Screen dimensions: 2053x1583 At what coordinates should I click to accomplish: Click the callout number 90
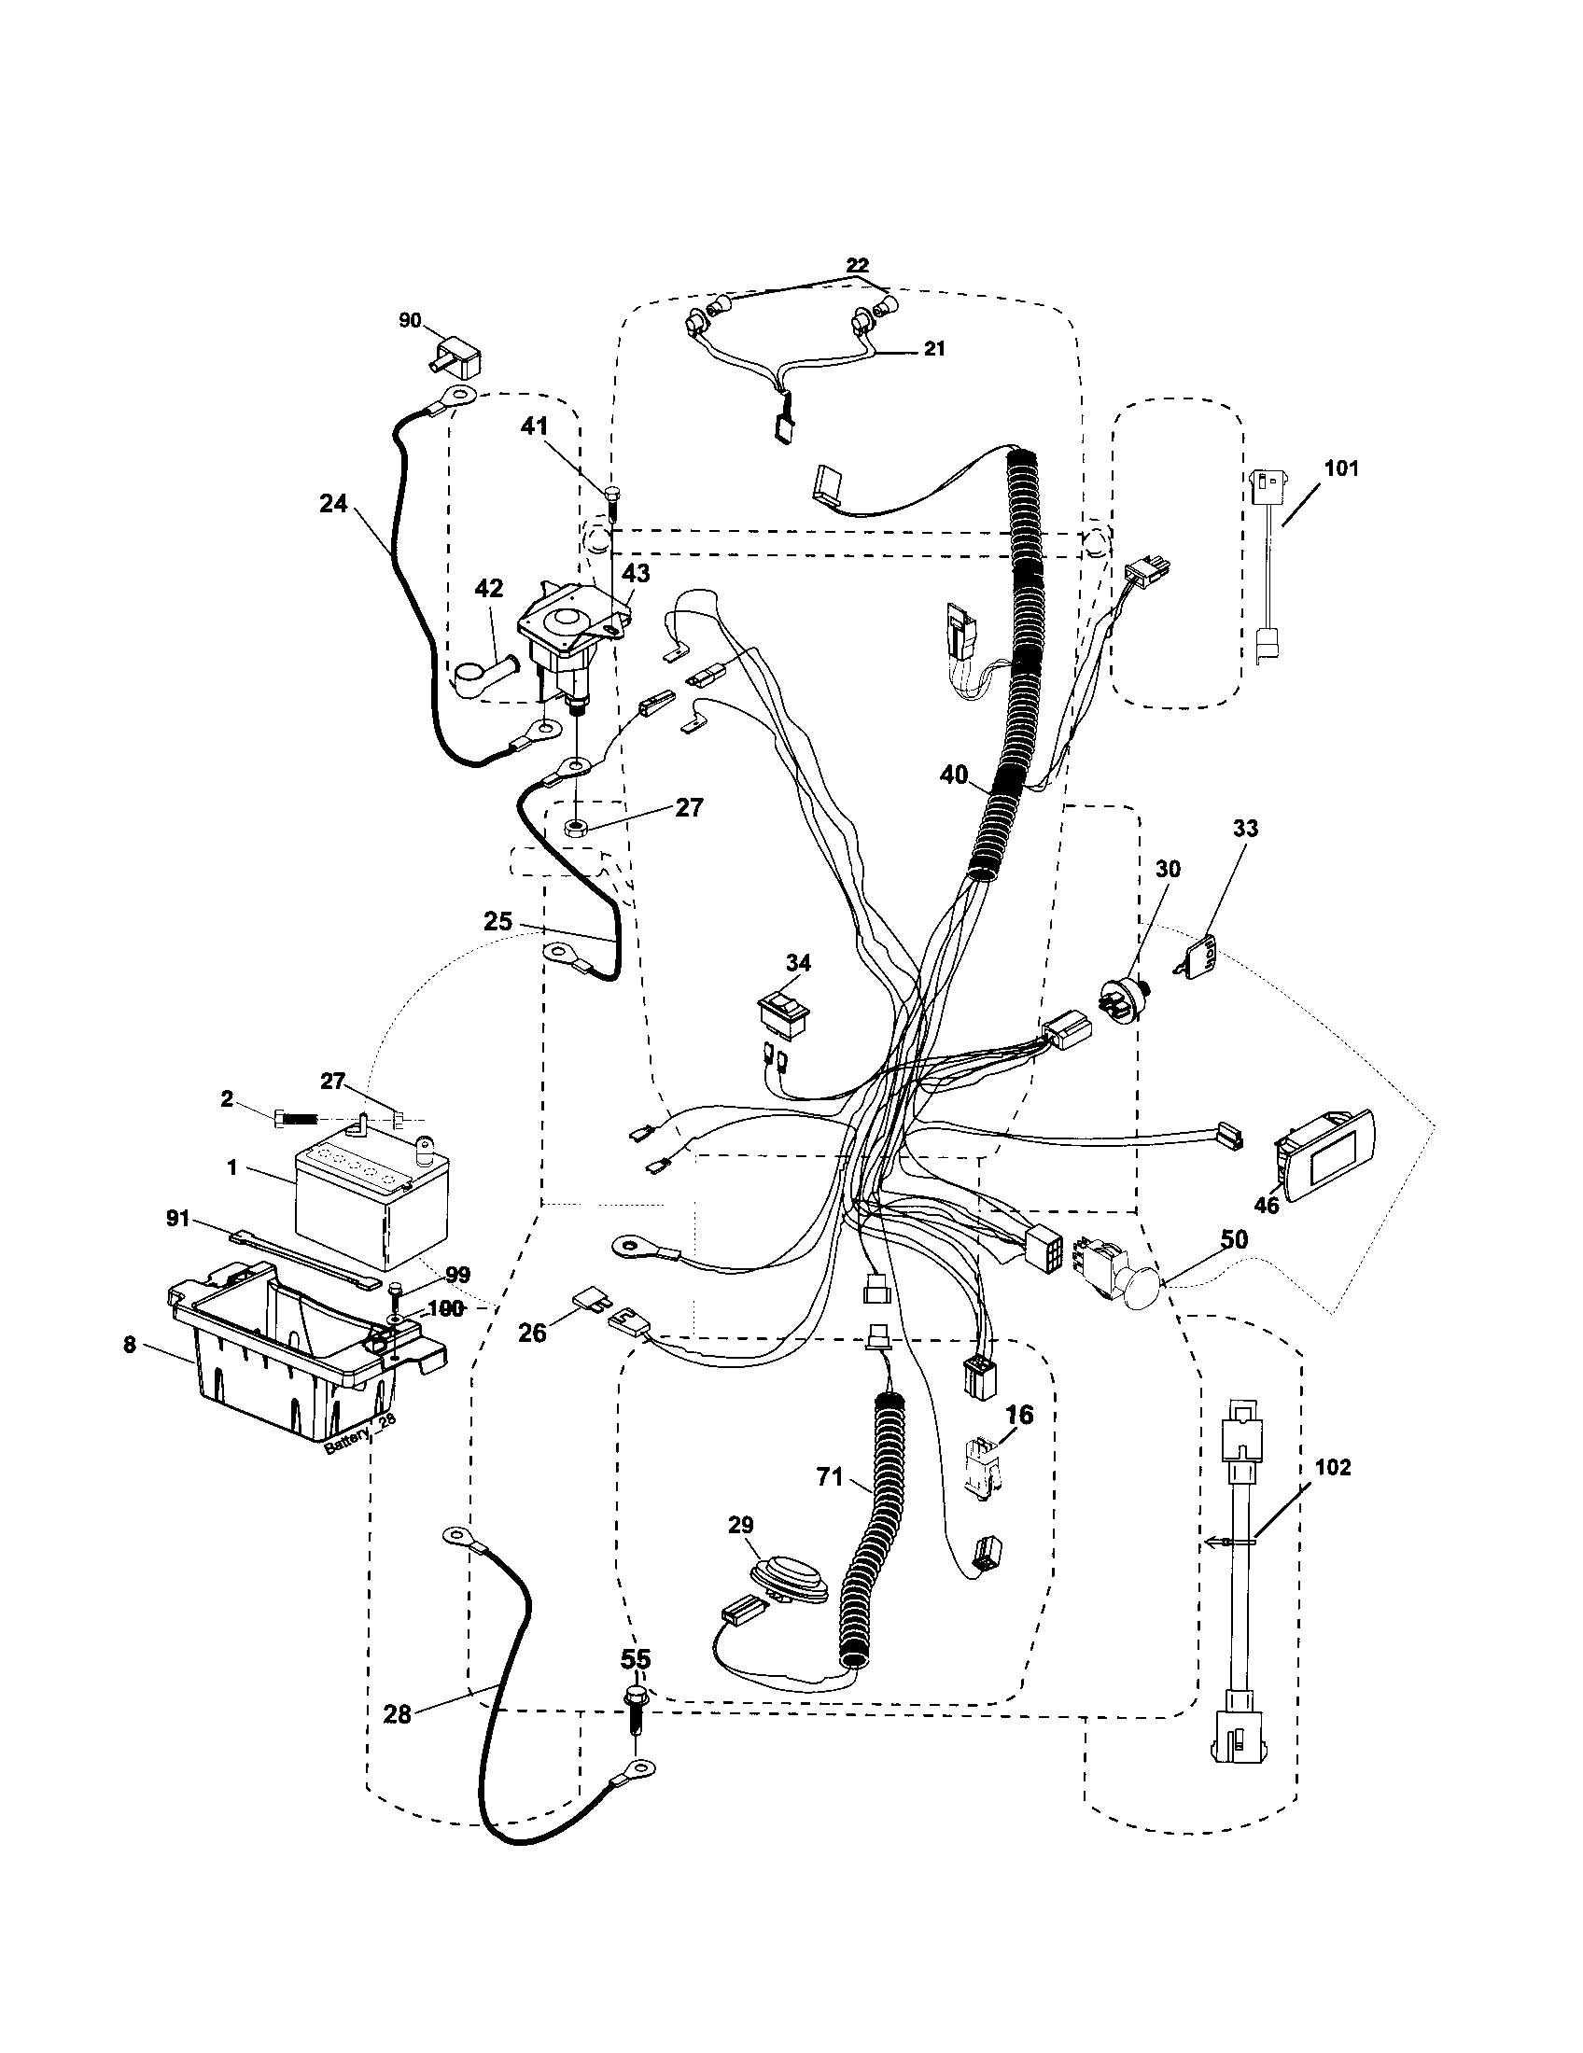pos(410,320)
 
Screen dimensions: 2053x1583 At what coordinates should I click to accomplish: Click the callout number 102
pos(1332,1466)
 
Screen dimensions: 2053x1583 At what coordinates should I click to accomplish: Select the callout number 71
pos(830,1477)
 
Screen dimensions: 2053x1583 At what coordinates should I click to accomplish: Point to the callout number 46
pos(1267,1204)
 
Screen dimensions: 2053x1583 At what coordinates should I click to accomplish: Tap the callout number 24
pos(333,504)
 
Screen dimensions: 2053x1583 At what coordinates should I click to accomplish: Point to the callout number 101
pos(1341,468)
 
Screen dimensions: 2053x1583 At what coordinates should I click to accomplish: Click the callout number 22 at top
pos(856,265)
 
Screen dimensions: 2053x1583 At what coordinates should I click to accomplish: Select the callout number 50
pos(1234,1239)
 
